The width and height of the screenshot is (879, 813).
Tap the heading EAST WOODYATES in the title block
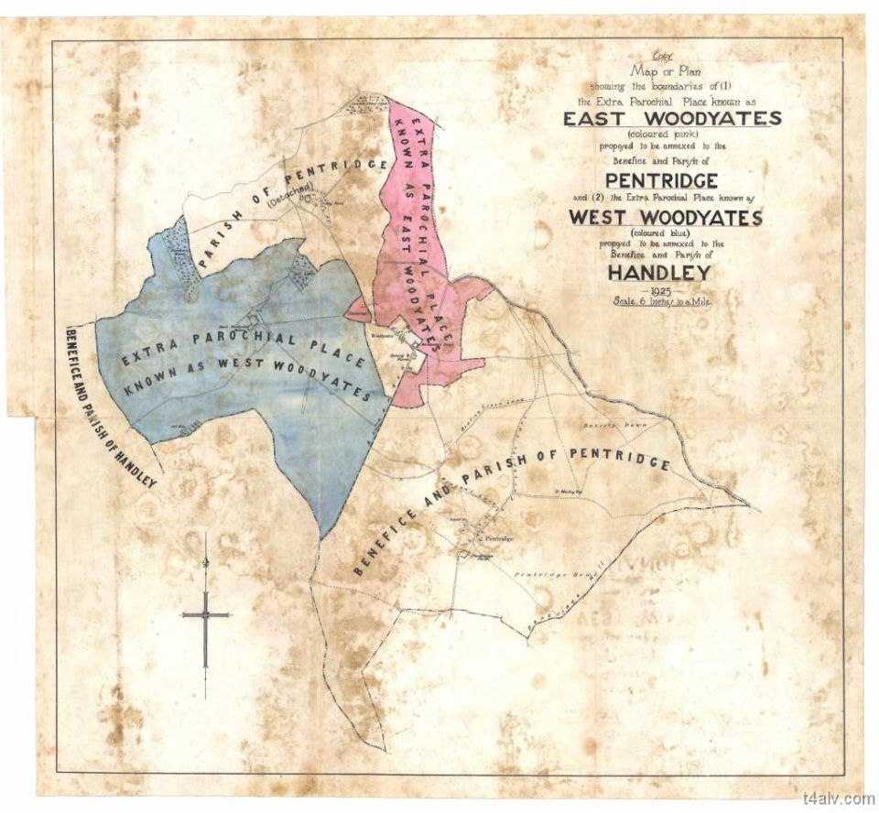point(672,118)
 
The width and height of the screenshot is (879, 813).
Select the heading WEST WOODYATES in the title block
point(664,218)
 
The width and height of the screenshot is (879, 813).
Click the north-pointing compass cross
point(206,614)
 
